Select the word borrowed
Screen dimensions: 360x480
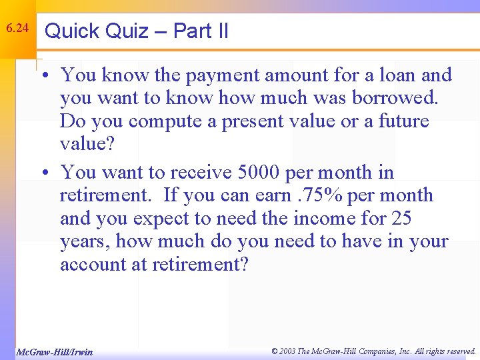[x=395, y=99]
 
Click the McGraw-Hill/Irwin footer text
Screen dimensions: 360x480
[x=54, y=351]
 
